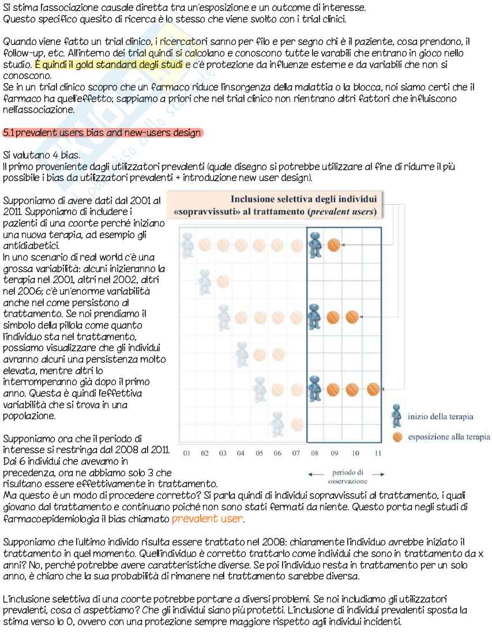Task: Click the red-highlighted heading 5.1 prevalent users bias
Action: pyautogui.click(x=102, y=133)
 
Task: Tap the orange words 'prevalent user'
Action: pyautogui.click(x=207, y=519)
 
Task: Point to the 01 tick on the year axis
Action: pyautogui.click(x=187, y=453)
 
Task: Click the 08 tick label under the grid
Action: pyautogui.click(x=315, y=453)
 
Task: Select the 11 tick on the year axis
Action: pyautogui.click(x=377, y=453)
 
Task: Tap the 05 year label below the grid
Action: pyautogui.click(x=260, y=453)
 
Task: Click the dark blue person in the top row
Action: pyautogui.click(x=315, y=245)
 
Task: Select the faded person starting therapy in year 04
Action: pyautogui.click(x=242, y=353)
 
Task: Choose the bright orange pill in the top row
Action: pyautogui.click(x=333, y=245)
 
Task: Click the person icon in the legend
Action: pyautogui.click(x=396, y=415)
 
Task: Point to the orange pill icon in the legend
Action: pyautogui.click(x=397, y=436)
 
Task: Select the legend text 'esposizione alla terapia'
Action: pyautogui.click(x=449, y=436)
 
